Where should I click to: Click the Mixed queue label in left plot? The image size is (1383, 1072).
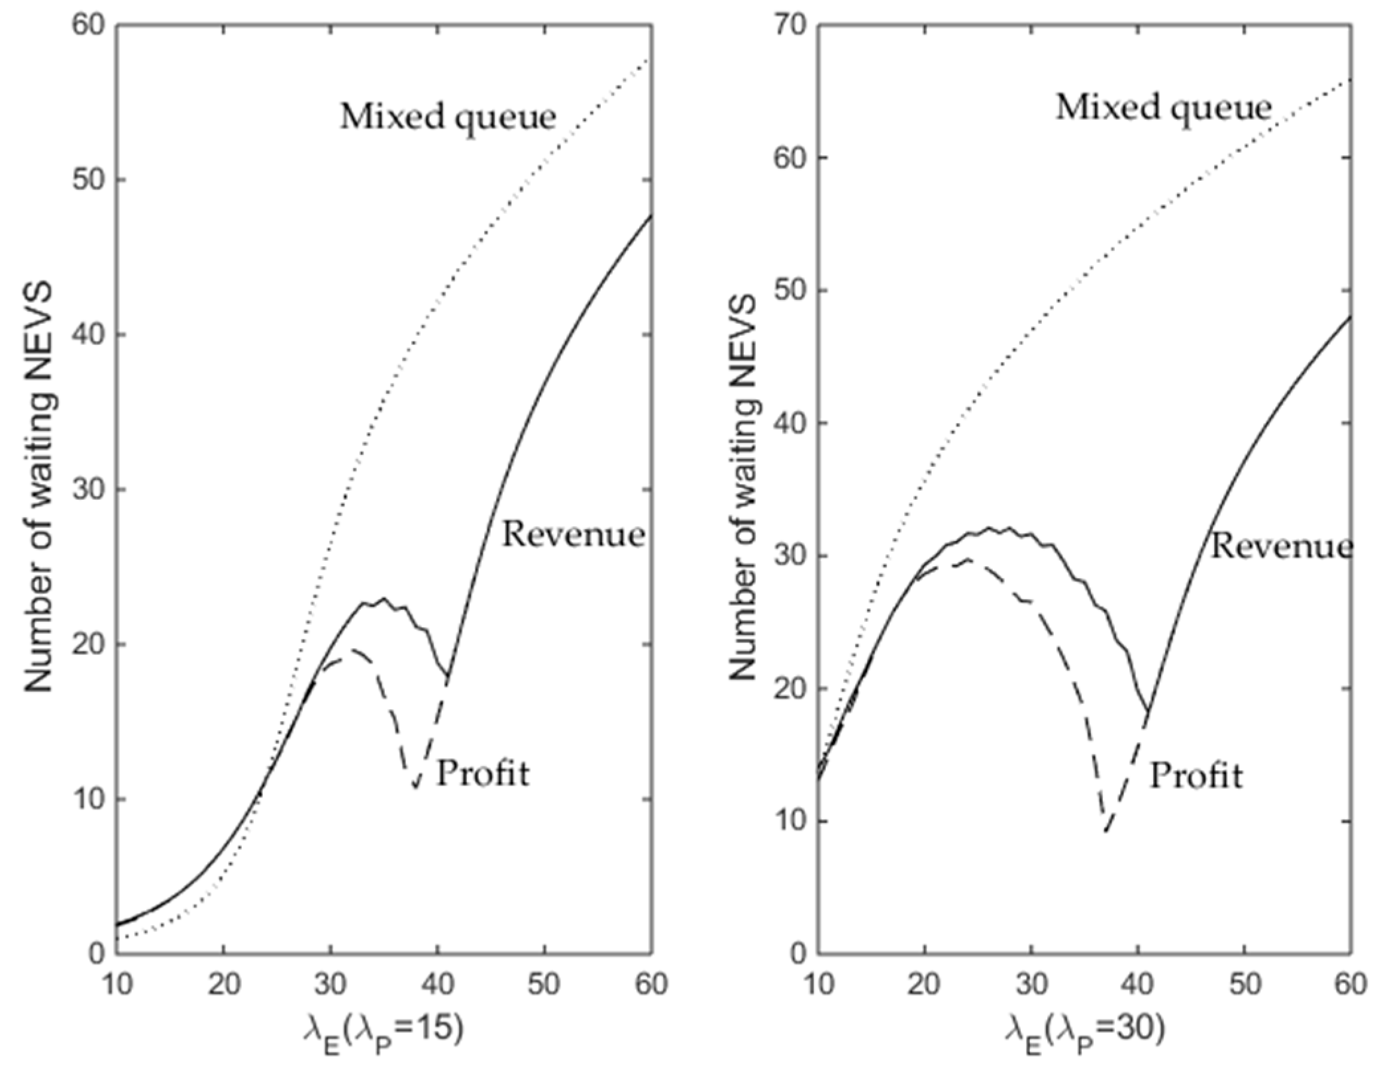[448, 117]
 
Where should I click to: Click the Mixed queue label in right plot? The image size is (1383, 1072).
[1163, 107]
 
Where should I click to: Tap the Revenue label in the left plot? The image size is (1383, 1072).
[573, 535]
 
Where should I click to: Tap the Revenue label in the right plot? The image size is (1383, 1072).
[1282, 547]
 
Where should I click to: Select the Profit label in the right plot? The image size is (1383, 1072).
[1196, 775]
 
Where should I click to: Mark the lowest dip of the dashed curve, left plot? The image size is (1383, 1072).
[415, 787]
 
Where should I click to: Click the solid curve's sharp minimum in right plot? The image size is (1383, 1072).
[1147, 710]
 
